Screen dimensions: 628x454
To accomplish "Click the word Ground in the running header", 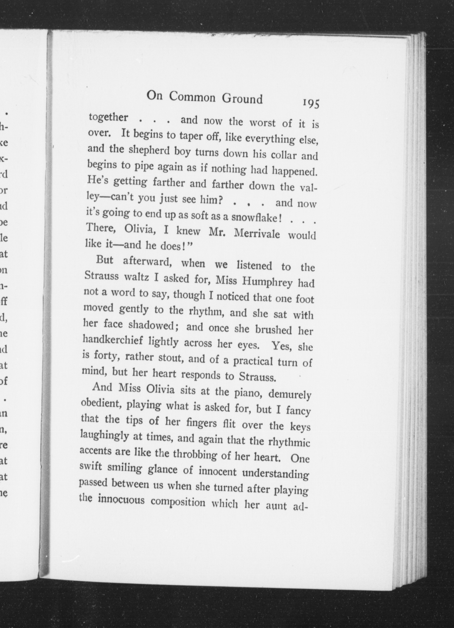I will tap(242, 99).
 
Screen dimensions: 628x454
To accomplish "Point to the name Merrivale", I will tap(257, 233).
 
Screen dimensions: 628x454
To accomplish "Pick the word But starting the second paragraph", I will tap(105, 260).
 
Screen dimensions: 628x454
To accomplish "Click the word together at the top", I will tap(108, 117).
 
